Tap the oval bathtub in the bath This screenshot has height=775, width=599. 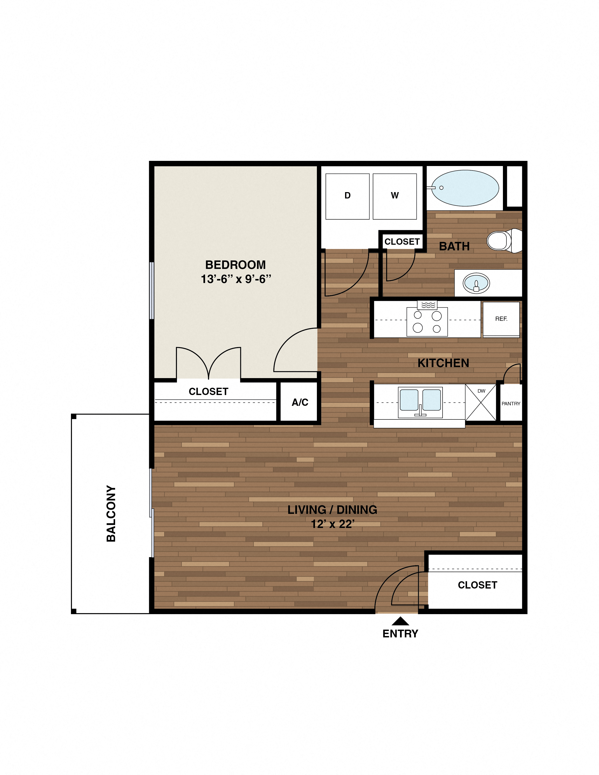[x=465, y=188]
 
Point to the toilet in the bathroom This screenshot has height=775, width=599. [x=503, y=240]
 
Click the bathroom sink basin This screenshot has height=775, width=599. [x=476, y=283]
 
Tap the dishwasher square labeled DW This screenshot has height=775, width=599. [x=481, y=403]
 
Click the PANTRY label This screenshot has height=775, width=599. [x=511, y=403]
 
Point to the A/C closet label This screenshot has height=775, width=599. [x=300, y=402]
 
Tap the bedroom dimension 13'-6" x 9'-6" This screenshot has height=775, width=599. [x=236, y=279]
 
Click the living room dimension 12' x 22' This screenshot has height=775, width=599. [x=332, y=524]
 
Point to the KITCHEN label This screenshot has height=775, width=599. [x=443, y=363]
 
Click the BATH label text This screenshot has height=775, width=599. [x=454, y=246]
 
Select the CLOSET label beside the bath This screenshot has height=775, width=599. [x=402, y=242]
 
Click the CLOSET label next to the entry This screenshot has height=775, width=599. [x=477, y=585]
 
